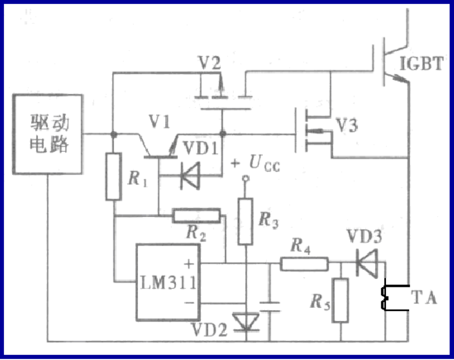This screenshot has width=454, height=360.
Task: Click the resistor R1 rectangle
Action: coord(113,176)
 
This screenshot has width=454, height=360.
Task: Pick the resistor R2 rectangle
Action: coord(196,215)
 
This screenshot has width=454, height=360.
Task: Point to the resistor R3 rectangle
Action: coord(245,221)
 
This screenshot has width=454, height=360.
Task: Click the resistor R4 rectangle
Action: coord(304,263)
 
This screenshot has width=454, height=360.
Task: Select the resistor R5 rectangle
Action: coord(340,300)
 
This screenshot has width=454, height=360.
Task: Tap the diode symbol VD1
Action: coord(187,176)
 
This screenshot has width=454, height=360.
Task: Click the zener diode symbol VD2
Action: coord(245,323)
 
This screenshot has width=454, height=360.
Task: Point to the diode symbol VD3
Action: coord(364,263)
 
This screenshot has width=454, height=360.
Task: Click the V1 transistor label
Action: coord(158,121)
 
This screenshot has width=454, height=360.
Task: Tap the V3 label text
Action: coord(346,125)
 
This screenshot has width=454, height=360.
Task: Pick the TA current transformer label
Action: coord(424,297)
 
